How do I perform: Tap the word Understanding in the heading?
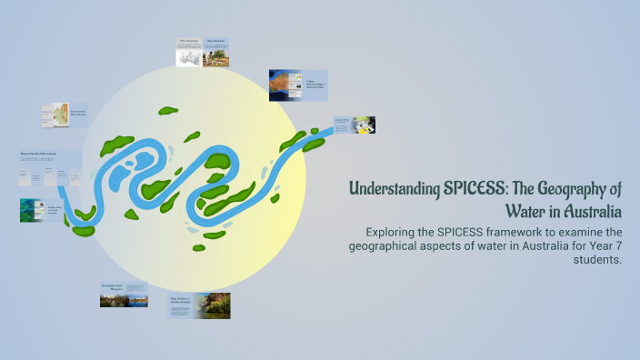coord(395,191)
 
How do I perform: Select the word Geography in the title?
coord(568,191)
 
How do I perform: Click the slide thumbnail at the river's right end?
coord(354,125)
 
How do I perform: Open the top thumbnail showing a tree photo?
coord(215,54)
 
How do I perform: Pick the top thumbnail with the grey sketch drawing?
coord(189,54)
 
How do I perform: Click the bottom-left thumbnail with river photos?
coord(124,295)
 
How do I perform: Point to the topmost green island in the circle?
coord(167,111)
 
